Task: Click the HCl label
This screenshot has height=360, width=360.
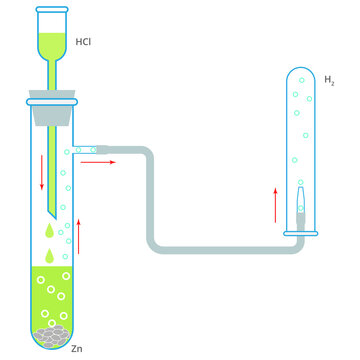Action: pos(86,44)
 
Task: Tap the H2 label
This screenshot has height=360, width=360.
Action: pos(329,78)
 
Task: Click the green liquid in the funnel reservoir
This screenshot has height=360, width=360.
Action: pos(52,44)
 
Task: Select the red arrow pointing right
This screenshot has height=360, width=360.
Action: pos(97,160)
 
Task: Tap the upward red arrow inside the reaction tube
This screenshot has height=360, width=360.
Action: pos(78,237)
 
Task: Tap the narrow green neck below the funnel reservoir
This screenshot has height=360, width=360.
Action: pos(52,74)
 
